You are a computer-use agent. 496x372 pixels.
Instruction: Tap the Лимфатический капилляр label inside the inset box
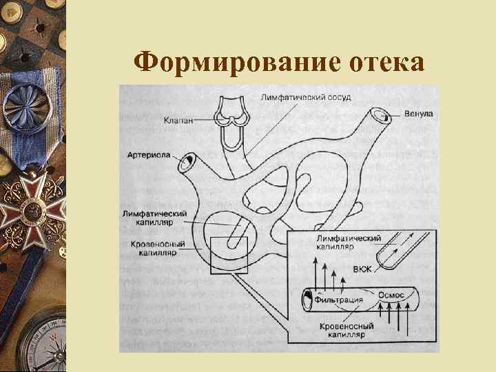click(349, 241)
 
